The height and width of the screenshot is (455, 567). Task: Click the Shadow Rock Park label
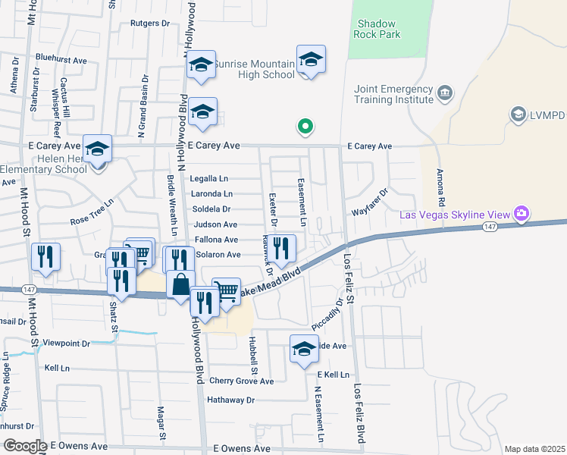point(378,28)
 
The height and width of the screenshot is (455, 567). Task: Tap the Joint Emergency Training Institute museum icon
point(444,93)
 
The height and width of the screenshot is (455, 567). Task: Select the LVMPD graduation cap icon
point(518,115)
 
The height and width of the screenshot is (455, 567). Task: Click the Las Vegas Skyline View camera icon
point(521,214)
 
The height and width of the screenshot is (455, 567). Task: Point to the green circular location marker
point(305,127)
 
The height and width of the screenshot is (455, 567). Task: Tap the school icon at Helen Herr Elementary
point(97,149)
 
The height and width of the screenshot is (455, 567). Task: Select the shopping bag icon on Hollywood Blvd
point(180,285)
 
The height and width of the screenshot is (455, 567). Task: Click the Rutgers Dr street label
point(150,24)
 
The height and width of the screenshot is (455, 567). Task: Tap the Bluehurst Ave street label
point(61,58)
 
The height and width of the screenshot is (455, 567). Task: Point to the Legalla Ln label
point(209,179)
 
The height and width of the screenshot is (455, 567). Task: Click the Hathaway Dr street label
point(230,400)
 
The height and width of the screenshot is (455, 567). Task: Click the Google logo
point(24,446)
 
